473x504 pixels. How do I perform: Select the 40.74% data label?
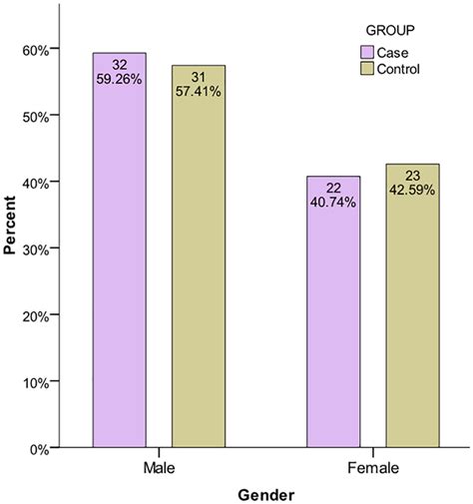pyautogui.click(x=334, y=201)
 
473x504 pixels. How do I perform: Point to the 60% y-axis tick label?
pyautogui.click(x=35, y=50)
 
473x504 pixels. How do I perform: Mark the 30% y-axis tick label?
pyautogui.click(x=35, y=249)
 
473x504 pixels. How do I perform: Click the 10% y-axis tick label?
pyautogui.click(x=35, y=382)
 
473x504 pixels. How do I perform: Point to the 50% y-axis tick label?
pyautogui.click(x=35, y=116)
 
